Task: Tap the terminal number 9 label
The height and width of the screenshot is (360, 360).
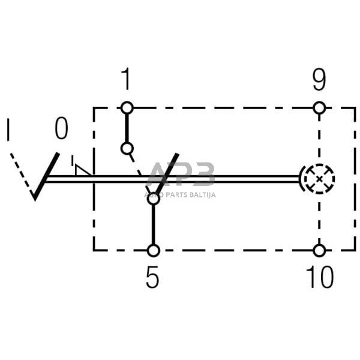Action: click(319, 80)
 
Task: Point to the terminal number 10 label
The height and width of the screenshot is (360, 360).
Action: click(319, 278)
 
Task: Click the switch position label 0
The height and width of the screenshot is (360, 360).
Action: click(61, 128)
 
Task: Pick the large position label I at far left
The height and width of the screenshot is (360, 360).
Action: click(8, 130)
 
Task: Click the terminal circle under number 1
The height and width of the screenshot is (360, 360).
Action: click(126, 108)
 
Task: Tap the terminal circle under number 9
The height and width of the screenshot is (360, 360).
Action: click(320, 108)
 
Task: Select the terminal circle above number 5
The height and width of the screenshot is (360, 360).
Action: click(154, 250)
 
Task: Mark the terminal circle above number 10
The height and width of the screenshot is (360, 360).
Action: click(320, 250)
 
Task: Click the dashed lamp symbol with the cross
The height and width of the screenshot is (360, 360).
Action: click(319, 178)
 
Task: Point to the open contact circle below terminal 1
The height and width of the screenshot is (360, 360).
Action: click(126, 148)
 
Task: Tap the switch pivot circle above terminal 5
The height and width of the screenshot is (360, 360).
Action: click(154, 199)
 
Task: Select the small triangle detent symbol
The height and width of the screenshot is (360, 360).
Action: click(83, 170)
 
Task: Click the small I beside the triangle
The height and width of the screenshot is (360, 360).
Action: click(72, 161)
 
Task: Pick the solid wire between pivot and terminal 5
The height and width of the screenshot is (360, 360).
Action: click(154, 225)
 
